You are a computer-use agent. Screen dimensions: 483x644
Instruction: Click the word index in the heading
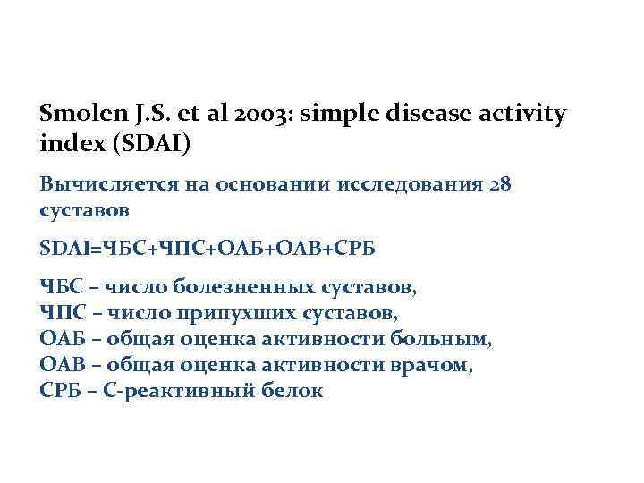click(x=66, y=144)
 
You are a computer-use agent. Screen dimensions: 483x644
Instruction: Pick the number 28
click(x=498, y=185)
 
